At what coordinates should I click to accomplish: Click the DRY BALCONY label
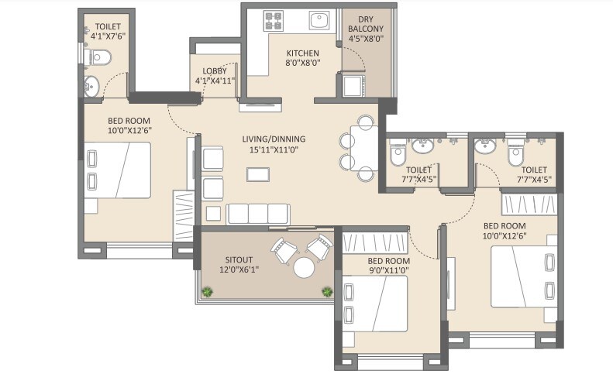pos(366,24)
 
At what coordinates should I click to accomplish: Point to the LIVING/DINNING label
pos(274,139)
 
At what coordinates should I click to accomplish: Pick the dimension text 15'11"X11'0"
pos(274,150)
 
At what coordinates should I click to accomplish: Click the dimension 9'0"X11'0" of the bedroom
pos(377,271)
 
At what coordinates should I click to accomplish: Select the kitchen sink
pos(319,20)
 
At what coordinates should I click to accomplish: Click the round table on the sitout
pos(304,268)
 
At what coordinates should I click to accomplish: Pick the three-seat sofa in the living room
pos(258,214)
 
